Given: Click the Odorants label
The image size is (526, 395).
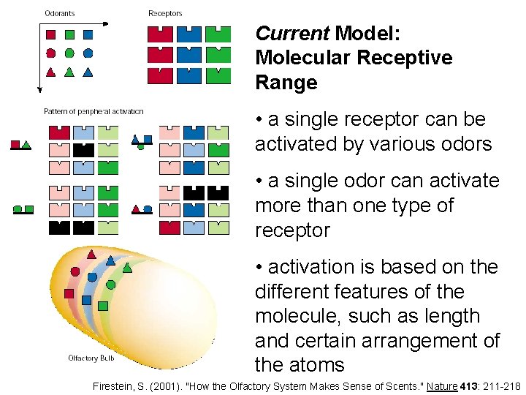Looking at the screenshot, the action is click(x=59, y=13).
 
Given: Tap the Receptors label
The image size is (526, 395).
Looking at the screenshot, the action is click(x=165, y=13).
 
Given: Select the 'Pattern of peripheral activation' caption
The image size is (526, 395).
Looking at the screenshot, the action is click(x=93, y=112).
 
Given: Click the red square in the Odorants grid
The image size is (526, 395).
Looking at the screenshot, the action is click(x=50, y=34).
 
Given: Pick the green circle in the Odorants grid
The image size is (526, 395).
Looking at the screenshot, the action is click(x=69, y=53).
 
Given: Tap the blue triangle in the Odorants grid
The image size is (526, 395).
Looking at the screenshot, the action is click(x=88, y=72).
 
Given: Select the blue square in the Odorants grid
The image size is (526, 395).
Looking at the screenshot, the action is click(x=88, y=34).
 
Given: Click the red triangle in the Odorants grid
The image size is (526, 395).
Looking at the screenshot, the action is click(x=50, y=72).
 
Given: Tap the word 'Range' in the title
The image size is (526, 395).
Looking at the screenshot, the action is click(x=286, y=83).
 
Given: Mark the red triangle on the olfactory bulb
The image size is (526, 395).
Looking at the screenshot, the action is click(x=91, y=255).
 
